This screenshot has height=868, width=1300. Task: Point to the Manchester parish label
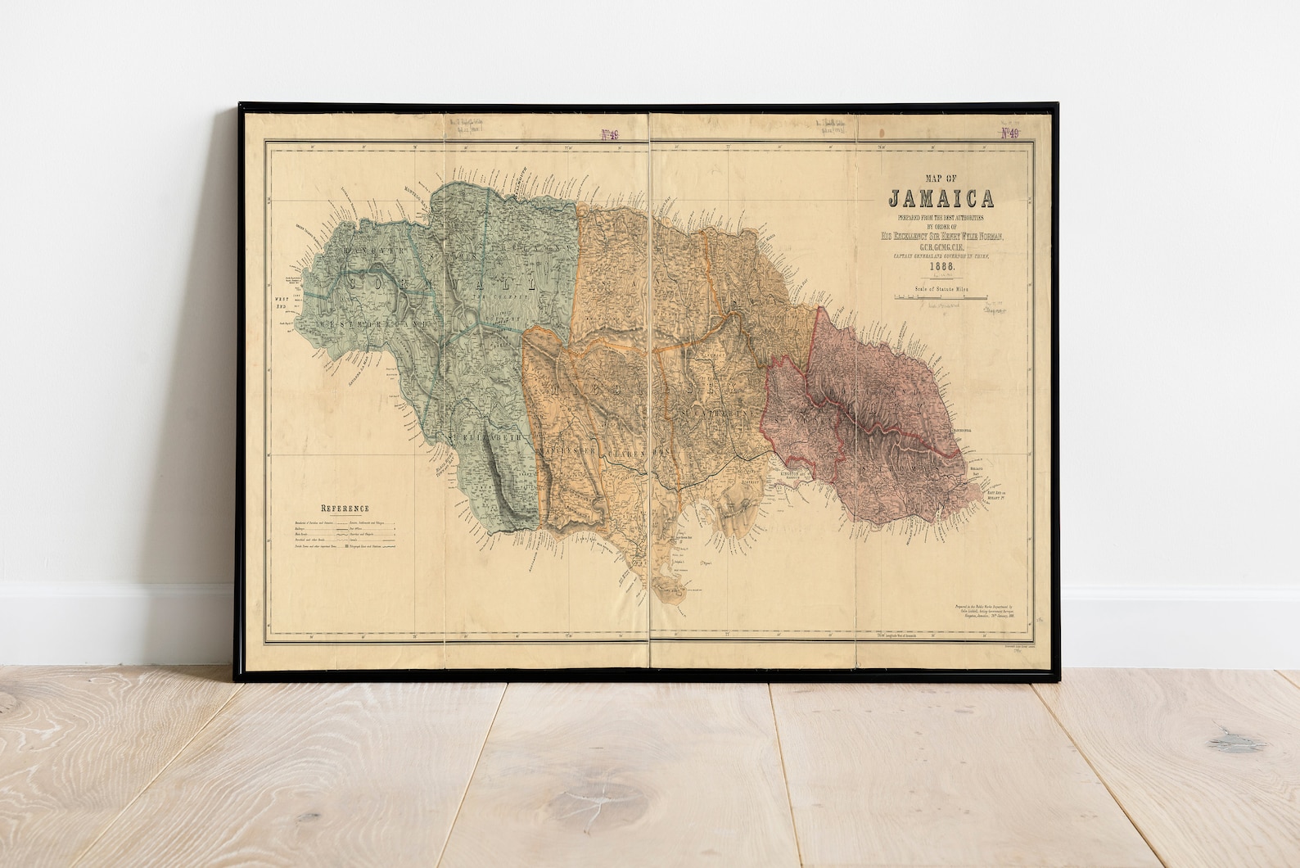point(571,450)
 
